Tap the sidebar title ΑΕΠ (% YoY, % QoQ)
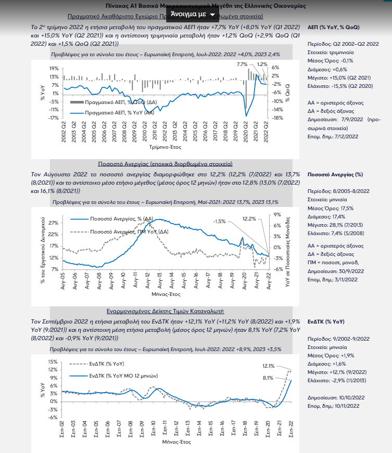334,26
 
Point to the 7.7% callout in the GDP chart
242,64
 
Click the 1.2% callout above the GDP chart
262,64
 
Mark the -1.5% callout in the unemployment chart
220,221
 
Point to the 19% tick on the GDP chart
54,68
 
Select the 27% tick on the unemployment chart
53,223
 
